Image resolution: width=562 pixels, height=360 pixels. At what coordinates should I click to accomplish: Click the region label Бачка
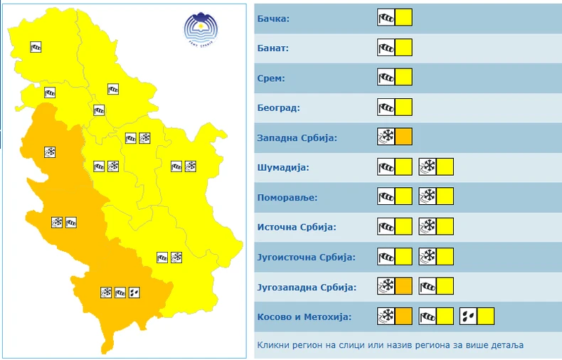[274, 18]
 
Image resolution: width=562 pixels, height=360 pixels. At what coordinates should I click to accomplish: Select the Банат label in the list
[273, 48]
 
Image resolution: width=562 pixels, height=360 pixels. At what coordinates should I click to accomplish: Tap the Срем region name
[271, 78]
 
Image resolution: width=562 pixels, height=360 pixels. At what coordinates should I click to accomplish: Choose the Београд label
[278, 107]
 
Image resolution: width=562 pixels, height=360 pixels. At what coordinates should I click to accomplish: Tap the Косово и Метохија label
[304, 317]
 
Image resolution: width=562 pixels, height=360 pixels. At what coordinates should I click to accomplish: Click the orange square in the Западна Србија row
[403, 137]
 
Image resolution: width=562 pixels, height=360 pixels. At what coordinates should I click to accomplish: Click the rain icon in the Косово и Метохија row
[469, 316]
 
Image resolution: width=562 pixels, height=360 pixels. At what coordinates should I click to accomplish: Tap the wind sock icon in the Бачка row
[386, 17]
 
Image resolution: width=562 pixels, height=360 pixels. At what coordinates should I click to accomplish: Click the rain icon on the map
[135, 292]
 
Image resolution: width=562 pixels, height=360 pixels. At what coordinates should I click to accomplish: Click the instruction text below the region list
[391, 345]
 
